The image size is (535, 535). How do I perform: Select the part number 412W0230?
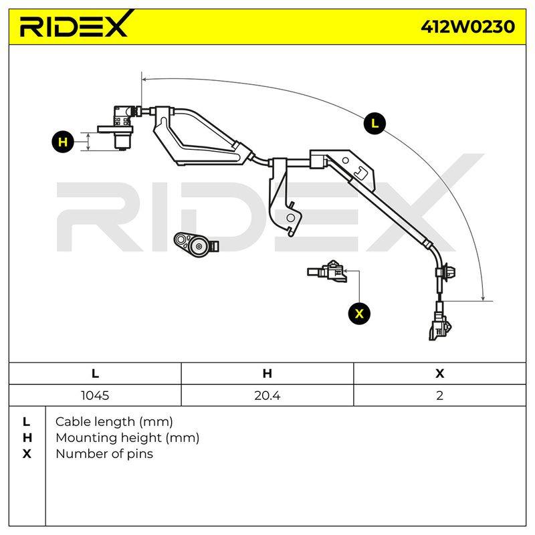click(x=467, y=27)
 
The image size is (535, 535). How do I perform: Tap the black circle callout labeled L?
click(x=374, y=124)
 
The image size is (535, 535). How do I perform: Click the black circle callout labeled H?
click(x=63, y=142)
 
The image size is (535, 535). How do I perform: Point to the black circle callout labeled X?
click(x=359, y=313)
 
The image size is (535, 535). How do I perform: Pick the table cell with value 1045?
click(x=95, y=395)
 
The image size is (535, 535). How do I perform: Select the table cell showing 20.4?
click(x=267, y=395)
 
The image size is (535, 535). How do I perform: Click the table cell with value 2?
click(x=439, y=395)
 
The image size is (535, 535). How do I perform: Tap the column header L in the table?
click(x=95, y=374)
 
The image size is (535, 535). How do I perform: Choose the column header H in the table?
click(x=267, y=374)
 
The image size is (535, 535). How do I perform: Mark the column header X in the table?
click(x=439, y=374)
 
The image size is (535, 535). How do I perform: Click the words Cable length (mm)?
click(x=114, y=422)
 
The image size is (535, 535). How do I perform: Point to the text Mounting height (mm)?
click(x=127, y=438)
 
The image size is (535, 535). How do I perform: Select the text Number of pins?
click(x=104, y=454)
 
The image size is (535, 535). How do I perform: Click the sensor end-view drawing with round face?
click(x=196, y=244)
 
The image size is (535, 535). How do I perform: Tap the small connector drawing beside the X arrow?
click(x=327, y=271)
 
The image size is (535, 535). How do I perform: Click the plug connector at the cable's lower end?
click(x=440, y=326)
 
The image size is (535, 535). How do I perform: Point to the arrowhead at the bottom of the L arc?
click(x=483, y=298)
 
